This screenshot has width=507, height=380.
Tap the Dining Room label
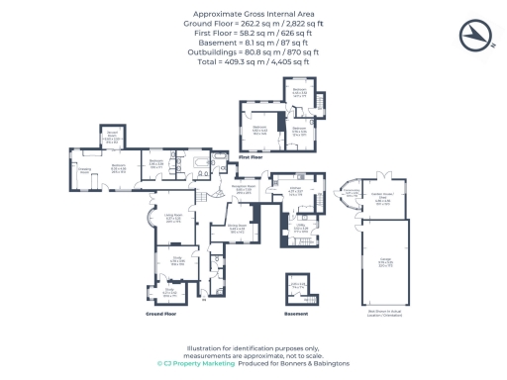tap(238, 227)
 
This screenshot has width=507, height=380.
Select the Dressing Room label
tap(85, 169)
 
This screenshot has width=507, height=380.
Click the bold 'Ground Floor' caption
tap(160, 313)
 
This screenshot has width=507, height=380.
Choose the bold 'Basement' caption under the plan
tap(296, 313)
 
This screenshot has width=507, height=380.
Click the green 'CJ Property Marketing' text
tap(197, 363)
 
